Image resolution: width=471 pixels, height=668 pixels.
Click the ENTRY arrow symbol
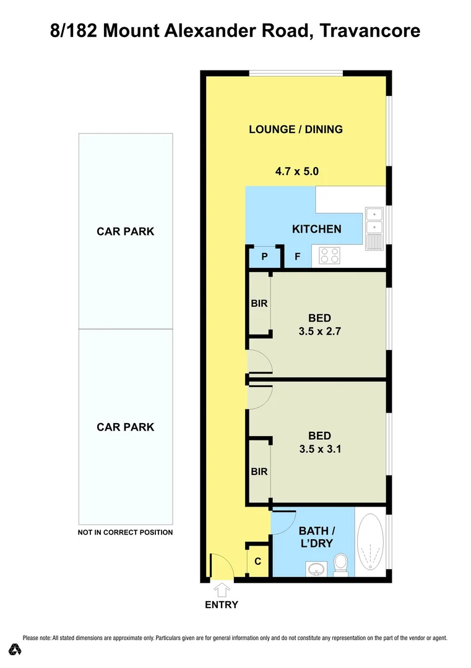222,590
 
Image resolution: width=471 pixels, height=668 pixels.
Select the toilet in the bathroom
340,564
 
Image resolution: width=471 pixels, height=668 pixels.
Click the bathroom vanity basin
316,568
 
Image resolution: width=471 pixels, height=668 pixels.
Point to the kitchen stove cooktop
329,255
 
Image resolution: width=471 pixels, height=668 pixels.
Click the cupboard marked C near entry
258,562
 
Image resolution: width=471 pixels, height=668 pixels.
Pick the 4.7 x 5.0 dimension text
296,171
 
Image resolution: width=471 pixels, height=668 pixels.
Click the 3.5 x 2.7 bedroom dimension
319,331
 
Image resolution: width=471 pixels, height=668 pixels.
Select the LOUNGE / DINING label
295,129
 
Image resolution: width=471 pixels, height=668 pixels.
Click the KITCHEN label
316,229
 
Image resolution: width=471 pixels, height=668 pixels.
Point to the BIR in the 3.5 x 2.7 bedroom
259,304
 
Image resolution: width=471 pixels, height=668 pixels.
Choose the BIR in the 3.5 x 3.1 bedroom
259,471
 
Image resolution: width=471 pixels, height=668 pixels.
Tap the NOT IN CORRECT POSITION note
125,532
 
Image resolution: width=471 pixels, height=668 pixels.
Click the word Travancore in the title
370,30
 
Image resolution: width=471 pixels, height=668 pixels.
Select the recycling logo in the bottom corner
15,649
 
